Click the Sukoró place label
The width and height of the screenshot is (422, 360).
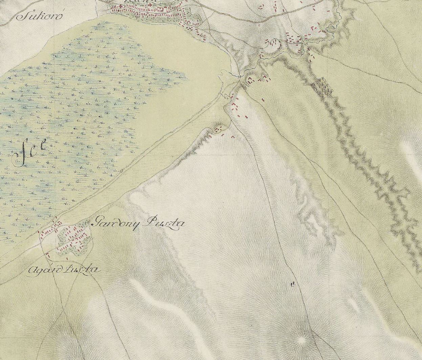40,16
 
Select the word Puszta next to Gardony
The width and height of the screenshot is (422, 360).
165,223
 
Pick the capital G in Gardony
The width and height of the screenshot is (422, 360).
98,222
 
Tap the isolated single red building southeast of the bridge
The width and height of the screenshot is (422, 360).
263,99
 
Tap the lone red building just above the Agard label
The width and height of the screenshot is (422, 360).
67,259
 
